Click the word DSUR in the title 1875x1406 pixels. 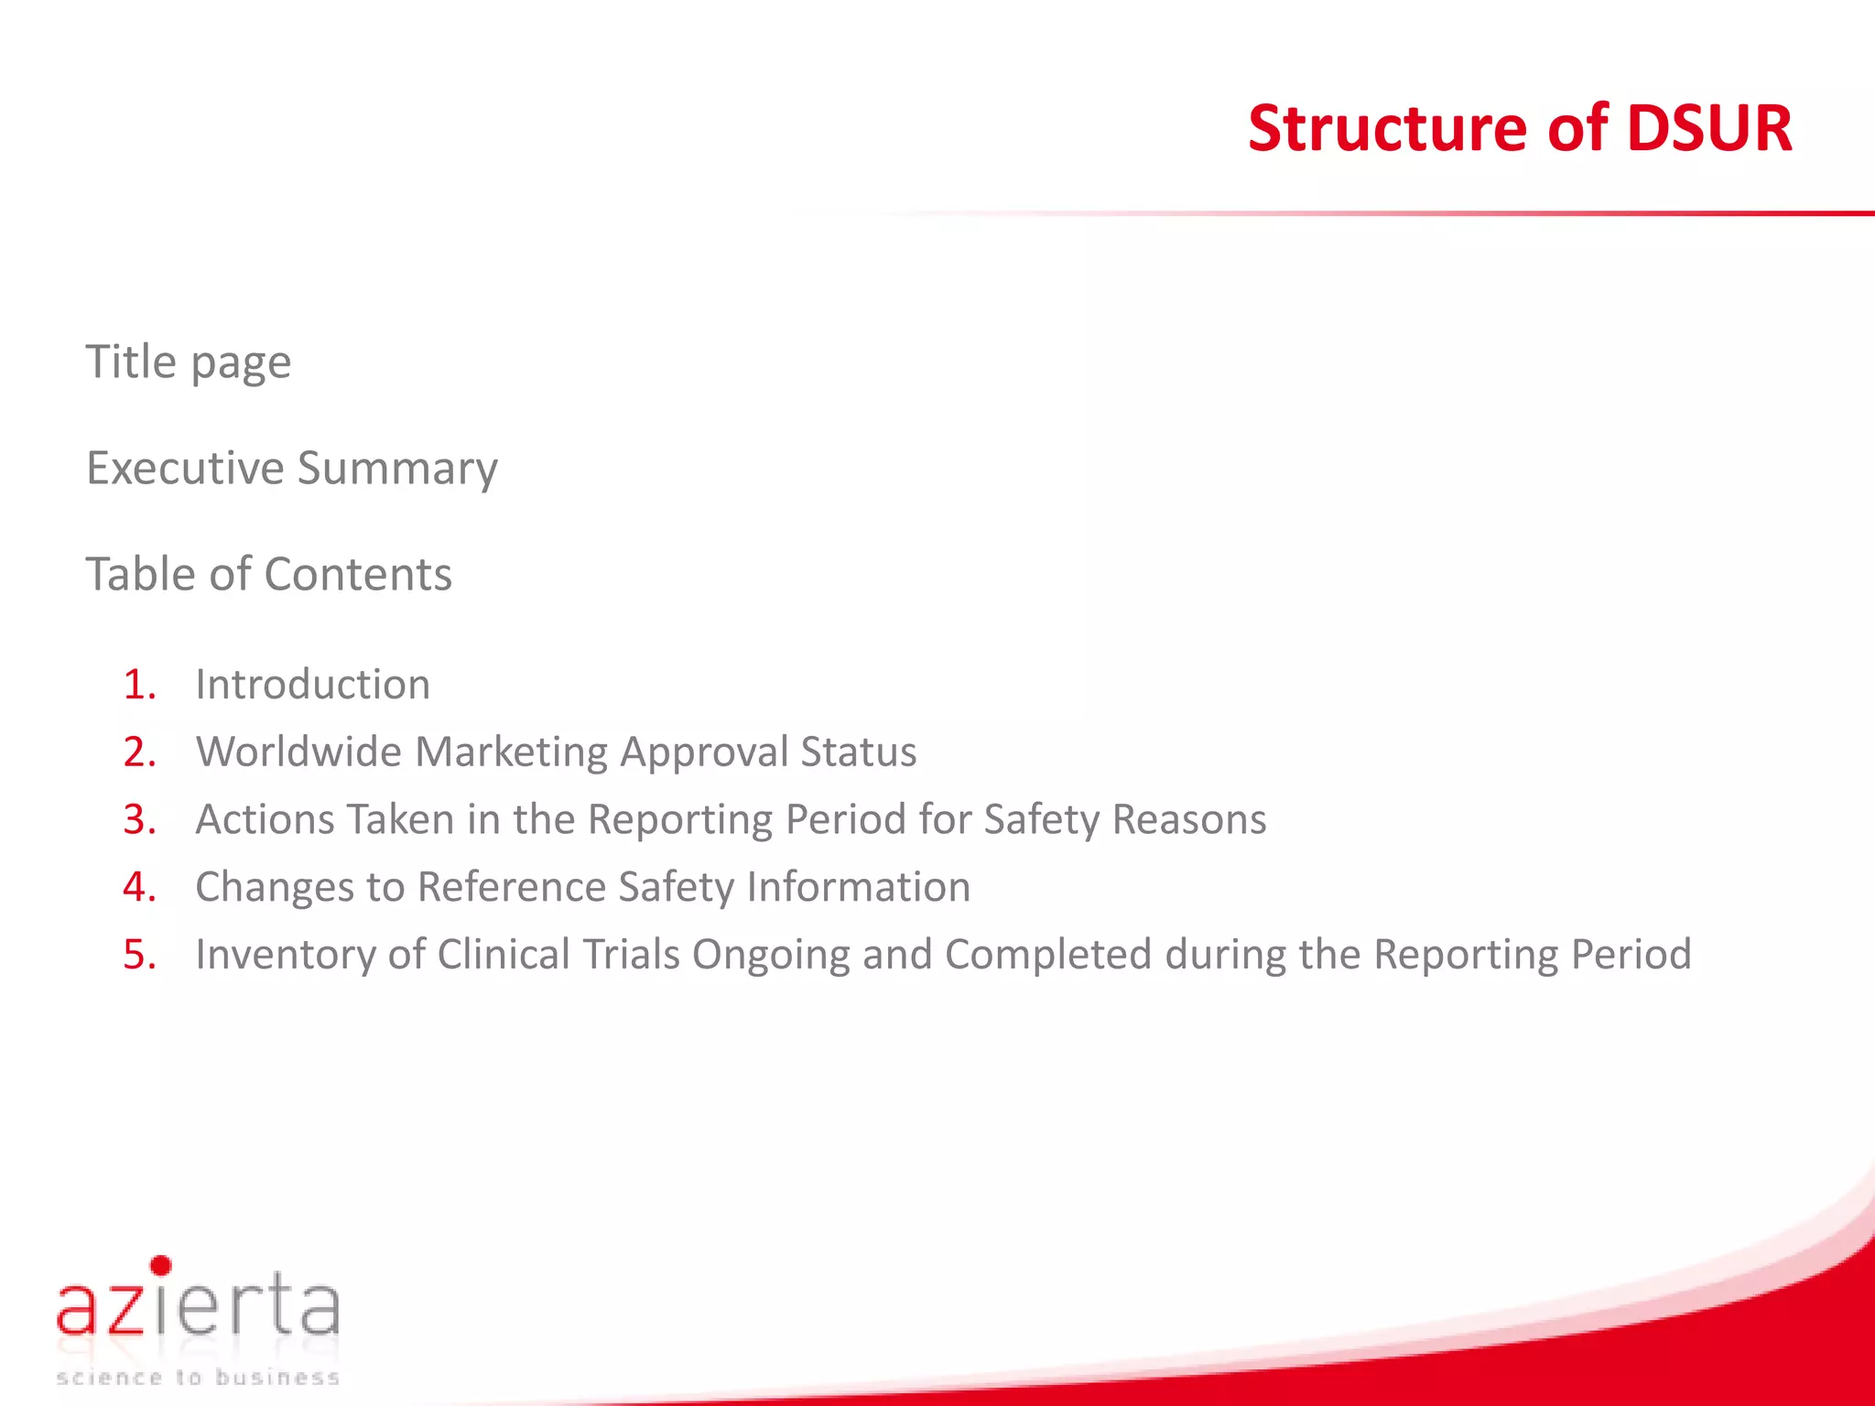1708,128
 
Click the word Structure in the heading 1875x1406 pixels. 1388,128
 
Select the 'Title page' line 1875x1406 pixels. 189,362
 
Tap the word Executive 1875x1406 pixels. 185,468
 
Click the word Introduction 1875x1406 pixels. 312,685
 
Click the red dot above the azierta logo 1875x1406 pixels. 161,1266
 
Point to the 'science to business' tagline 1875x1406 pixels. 198,1378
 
